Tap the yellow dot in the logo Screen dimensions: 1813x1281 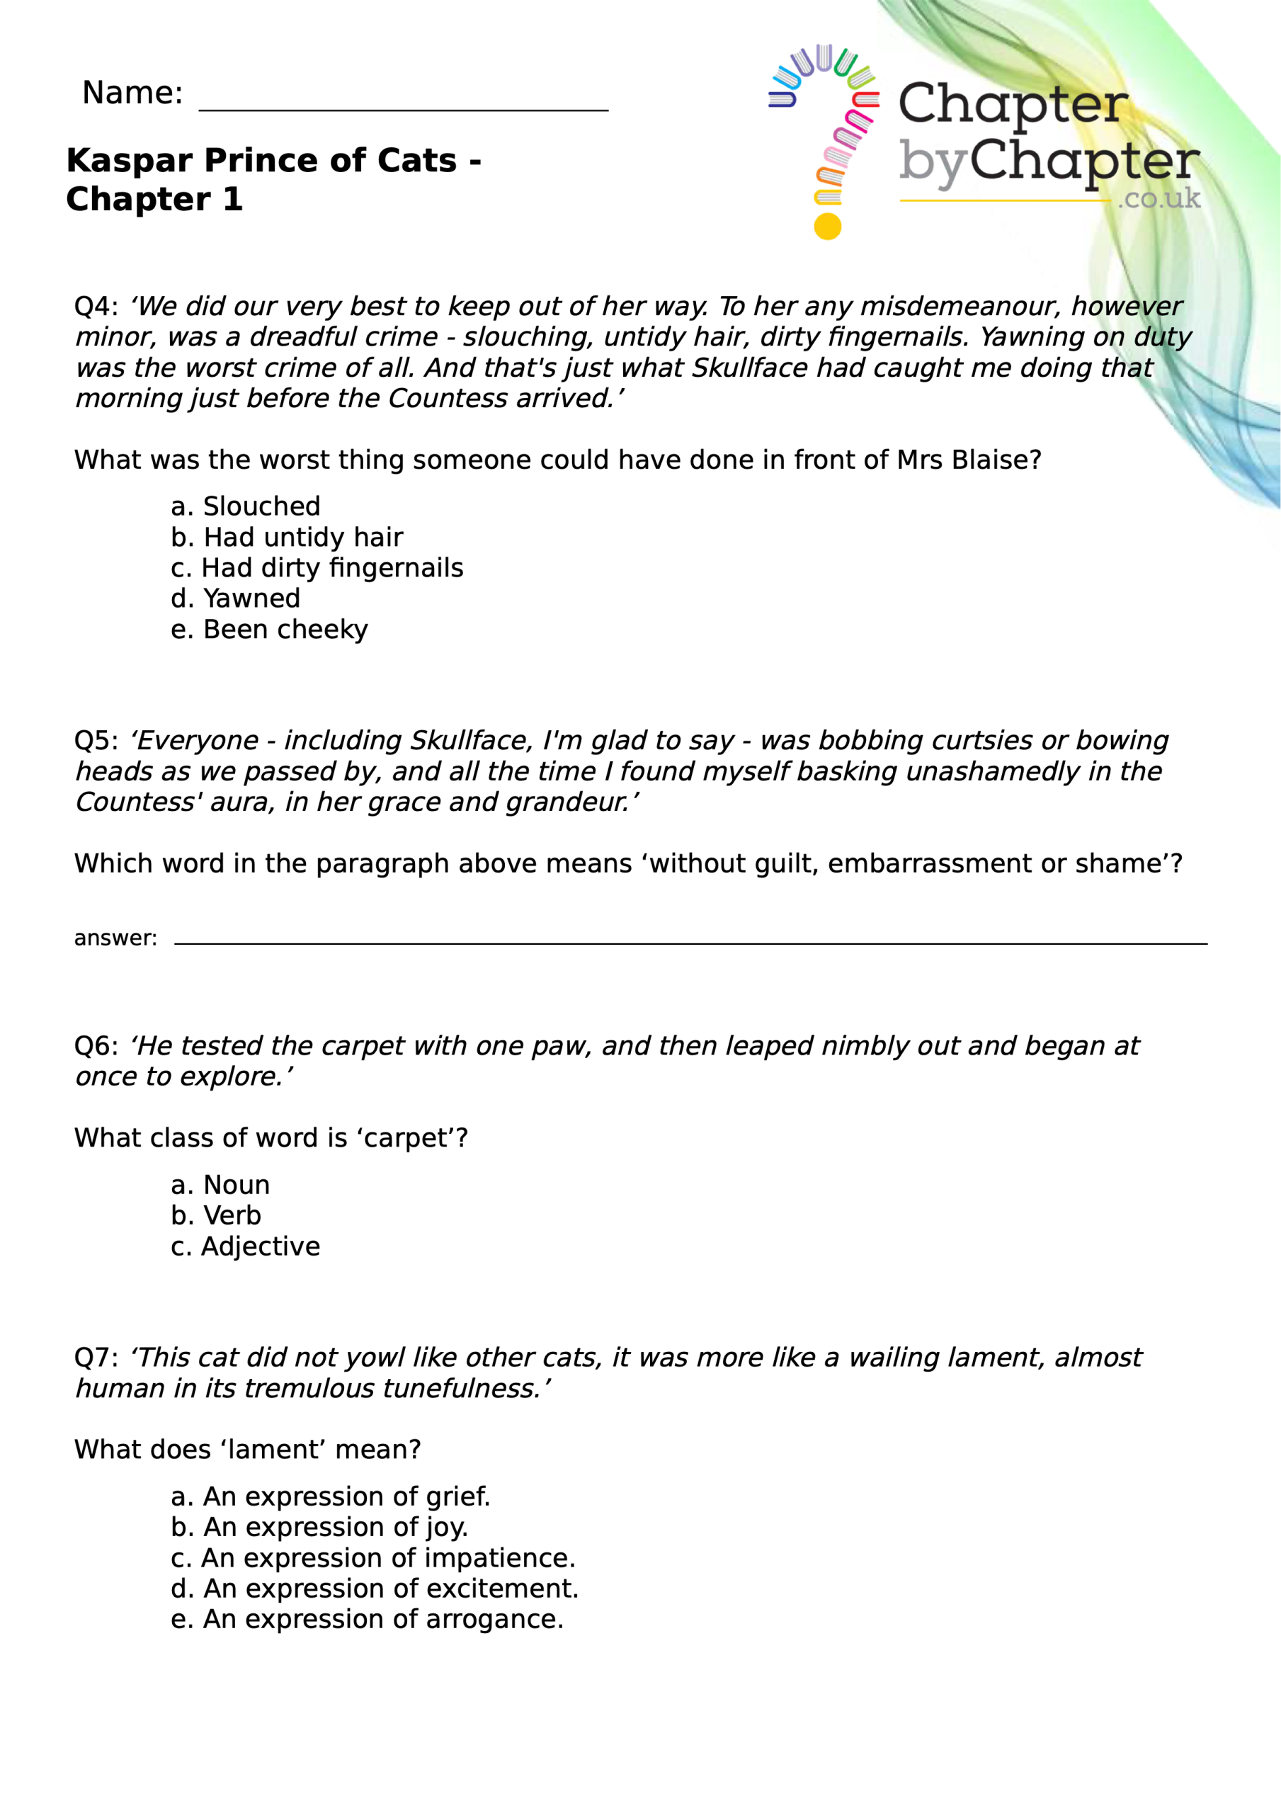pyautogui.click(x=828, y=227)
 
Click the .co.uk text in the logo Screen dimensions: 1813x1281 pyautogui.click(x=1158, y=198)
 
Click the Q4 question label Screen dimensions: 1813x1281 pyautogui.click(x=95, y=307)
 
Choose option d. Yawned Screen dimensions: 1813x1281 pyautogui.click(x=235, y=598)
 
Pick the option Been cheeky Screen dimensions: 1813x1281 pyautogui.click(x=268, y=630)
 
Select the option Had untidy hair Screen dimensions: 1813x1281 pyautogui.click(x=287, y=537)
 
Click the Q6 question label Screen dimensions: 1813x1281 pyautogui.click(x=95, y=1045)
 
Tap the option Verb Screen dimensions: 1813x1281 pyautogui.click(x=215, y=1215)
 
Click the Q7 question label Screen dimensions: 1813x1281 pyautogui.click(x=95, y=1358)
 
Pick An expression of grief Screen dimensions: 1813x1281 pyautogui.click(x=330, y=1496)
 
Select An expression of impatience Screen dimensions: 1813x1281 pyautogui.click(x=372, y=1558)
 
